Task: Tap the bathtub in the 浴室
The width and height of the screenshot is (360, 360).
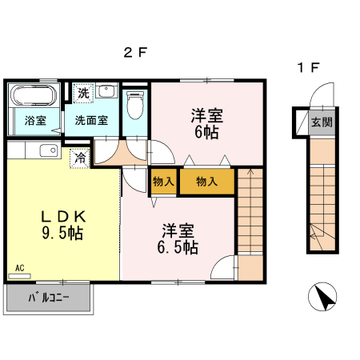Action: tap(34, 98)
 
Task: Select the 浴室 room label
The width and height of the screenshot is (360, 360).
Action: tap(34, 122)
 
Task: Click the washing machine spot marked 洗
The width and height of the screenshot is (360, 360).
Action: tap(83, 94)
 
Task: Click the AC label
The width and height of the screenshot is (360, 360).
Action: tap(19, 266)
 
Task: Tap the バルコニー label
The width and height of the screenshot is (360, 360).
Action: tap(49, 299)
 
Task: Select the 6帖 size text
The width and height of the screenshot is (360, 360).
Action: tap(206, 132)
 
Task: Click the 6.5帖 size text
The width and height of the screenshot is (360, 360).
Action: tap(177, 247)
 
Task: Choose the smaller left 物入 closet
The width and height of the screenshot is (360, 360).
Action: tap(163, 182)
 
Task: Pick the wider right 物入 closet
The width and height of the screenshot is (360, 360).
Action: tap(206, 182)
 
